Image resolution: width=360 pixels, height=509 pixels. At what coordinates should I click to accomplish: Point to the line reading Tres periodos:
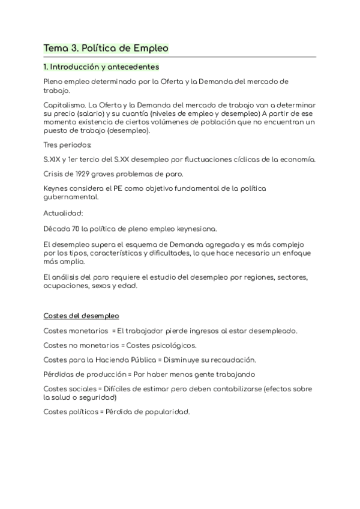point(68,145)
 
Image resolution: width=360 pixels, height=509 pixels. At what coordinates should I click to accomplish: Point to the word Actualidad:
point(63,213)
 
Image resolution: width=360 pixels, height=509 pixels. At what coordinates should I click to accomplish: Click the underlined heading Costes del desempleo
point(81,316)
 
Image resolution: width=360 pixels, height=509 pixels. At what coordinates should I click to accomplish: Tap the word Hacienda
point(117,360)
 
